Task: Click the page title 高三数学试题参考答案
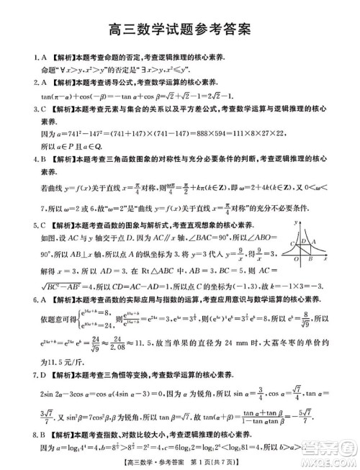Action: point(179,29)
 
